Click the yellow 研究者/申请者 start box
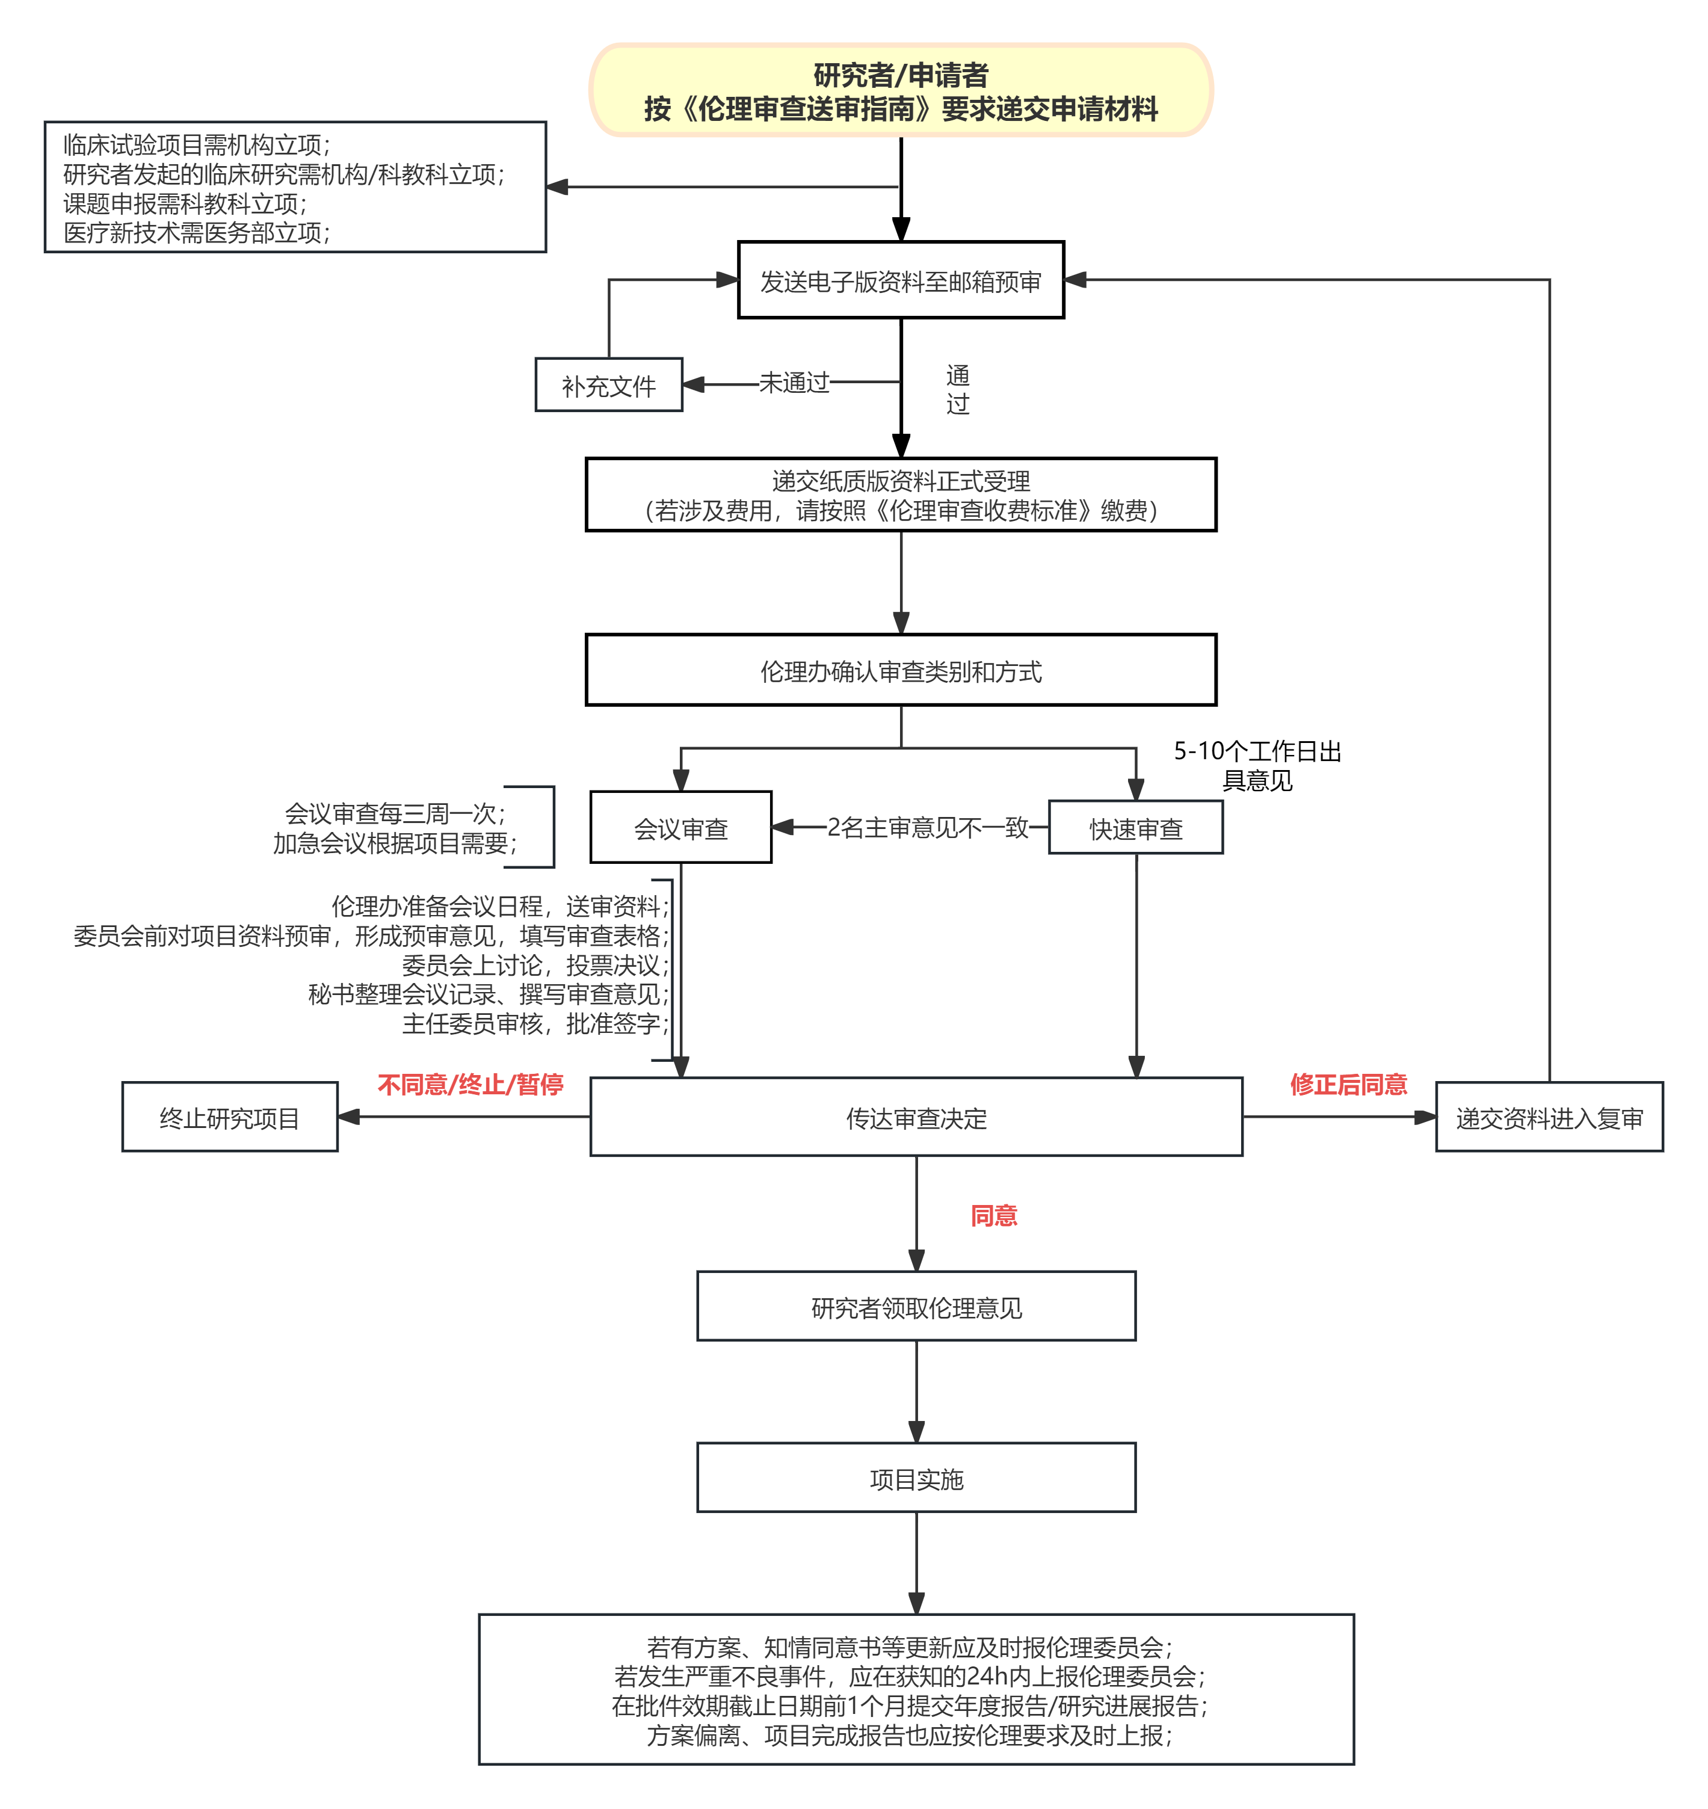coord(901,90)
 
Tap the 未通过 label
coord(794,383)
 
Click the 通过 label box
coord(958,389)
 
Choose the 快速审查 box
coord(1135,828)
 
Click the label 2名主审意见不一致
coord(927,828)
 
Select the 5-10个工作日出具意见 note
coord(1256,765)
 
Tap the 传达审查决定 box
coord(916,1117)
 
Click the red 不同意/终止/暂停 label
coord(470,1083)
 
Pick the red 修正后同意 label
coord(1348,1083)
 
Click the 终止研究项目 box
coord(229,1117)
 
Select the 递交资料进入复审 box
coord(1549,1117)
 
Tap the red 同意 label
coord(993,1215)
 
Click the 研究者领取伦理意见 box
coord(916,1307)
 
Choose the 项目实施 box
coord(916,1479)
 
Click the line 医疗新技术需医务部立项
coord(197,233)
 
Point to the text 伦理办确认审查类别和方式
coord(901,672)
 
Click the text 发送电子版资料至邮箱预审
coord(901,282)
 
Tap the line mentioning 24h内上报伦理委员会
coord(910,1676)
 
